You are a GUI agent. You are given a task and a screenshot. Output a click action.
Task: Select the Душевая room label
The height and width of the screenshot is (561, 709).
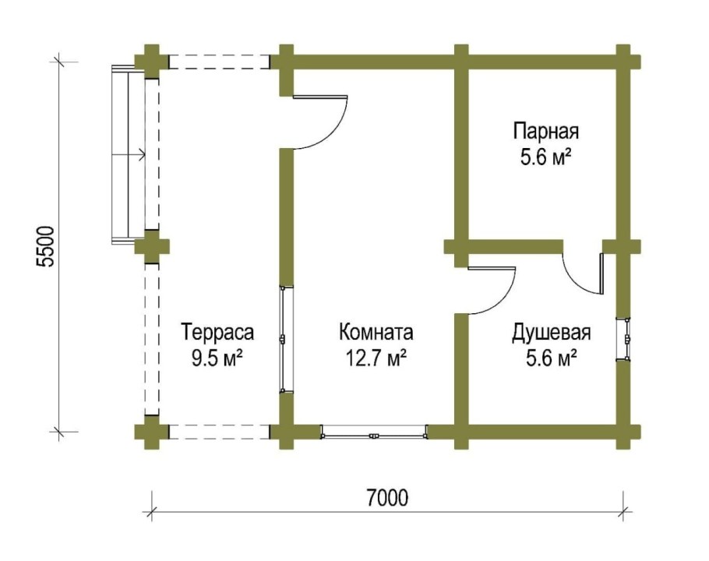tap(551, 333)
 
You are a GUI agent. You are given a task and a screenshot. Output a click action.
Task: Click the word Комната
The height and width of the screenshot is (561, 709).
tap(376, 333)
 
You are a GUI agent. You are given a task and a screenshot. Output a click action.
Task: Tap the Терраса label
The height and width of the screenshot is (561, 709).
tap(217, 333)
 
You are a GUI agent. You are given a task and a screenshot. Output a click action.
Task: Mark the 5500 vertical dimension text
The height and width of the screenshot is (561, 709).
tap(47, 246)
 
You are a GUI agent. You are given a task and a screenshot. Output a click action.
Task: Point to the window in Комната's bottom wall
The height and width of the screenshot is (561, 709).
tap(374, 431)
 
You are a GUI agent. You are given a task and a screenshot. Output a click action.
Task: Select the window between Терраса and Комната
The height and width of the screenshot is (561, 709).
tap(284, 340)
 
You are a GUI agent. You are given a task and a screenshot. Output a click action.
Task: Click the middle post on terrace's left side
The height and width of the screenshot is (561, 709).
tap(151, 246)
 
